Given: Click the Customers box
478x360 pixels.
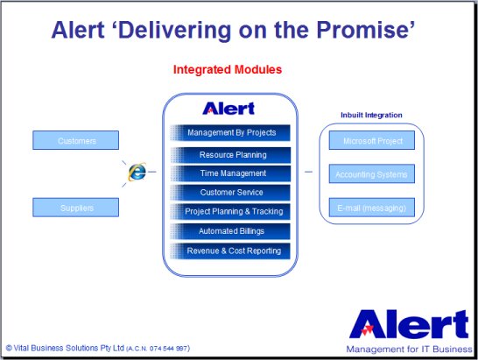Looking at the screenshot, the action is click(75, 140).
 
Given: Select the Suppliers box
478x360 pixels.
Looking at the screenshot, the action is click(75, 208).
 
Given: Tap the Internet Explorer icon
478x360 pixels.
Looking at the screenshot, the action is click(137, 172).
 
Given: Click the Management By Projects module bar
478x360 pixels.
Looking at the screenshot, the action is click(230, 133).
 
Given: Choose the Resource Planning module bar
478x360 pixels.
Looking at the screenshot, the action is click(230, 155).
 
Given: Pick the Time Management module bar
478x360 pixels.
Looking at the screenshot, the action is click(230, 173).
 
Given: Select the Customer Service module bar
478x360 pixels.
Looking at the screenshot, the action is click(230, 193).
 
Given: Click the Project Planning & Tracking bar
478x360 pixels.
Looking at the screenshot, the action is click(230, 211).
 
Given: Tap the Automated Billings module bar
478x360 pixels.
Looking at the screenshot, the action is click(230, 231).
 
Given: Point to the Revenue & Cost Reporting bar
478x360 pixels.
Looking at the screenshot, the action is click(230, 251).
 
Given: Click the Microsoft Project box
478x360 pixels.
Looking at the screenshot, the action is click(371, 140).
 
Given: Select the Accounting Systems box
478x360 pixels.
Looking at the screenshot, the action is click(371, 174).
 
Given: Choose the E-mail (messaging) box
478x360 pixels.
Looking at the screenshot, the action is click(371, 208).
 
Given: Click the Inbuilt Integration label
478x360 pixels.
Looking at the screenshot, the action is click(371, 115).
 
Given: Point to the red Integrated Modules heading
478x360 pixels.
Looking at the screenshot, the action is click(228, 69).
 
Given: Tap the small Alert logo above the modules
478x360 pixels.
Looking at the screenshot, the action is click(228, 109).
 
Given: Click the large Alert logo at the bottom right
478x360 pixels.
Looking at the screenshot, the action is click(409, 324).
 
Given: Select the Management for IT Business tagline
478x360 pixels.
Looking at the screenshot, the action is click(409, 349).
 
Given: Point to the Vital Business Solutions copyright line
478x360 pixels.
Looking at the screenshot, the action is click(98, 348).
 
